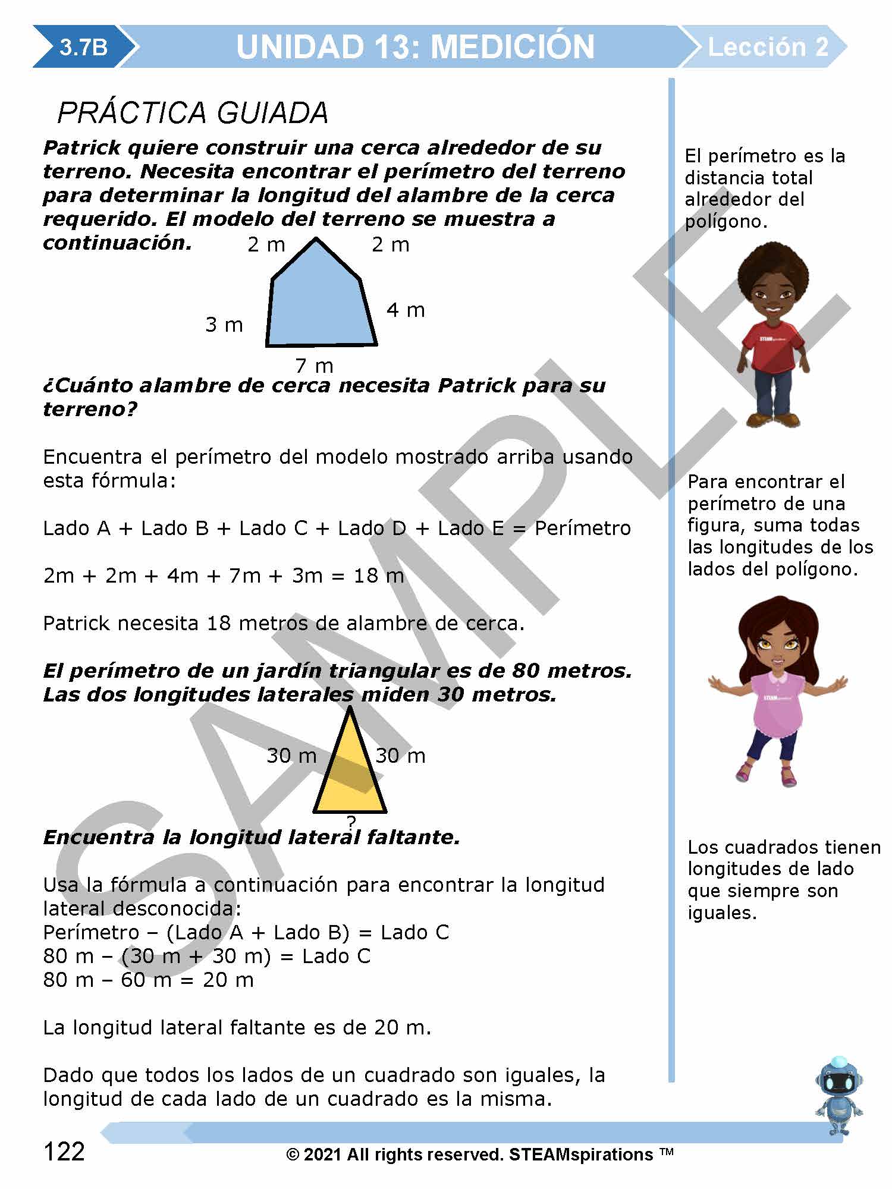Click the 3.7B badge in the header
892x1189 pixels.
pyautogui.click(x=83, y=47)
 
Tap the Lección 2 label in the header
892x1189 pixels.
pyautogui.click(x=768, y=47)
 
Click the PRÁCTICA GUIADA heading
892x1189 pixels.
pyautogui.click(x=193, y=113)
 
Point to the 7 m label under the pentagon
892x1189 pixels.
pyautogui.click(x=315, y=365)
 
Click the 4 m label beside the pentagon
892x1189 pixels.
pyautogui.click(x=406, y=310)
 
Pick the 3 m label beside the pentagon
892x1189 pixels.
pyautogui.click(x=224, y=325)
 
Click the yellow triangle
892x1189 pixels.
pyautogui.click(x=350, y=773)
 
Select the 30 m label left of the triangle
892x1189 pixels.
pyautogui.click(x=291, y=756)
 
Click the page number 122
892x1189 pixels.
pyautogui.click(x=64, y=1152)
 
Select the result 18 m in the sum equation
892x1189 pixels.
pyautogui.click(x=379, y=575)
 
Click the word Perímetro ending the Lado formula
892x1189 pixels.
pyautogui.click(x=583, y=528)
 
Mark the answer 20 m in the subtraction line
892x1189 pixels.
pyautogui.click(x=228, y=980)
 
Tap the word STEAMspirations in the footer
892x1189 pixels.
pyautogui.click(x=581, y=1155)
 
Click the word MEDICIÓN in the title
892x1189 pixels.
pyautogui.click(x=512, y=47)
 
